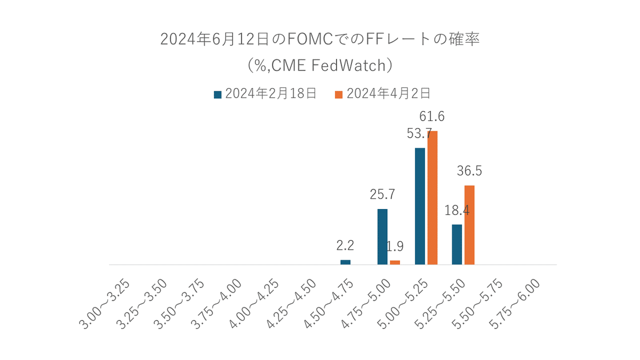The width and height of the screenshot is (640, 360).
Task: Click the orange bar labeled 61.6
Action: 433,197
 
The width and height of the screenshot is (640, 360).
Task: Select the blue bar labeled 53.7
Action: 420,206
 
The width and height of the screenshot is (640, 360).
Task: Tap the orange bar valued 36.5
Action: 469,225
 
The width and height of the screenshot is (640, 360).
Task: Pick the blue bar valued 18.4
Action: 457,244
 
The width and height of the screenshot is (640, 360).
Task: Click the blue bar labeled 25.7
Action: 382,236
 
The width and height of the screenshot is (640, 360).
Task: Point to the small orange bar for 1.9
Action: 395,262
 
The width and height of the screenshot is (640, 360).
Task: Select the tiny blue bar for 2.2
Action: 346,262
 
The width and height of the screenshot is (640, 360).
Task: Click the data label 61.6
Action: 433,116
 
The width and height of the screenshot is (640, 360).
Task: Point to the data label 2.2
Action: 346,246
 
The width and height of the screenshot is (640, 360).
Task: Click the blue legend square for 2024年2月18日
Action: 218,94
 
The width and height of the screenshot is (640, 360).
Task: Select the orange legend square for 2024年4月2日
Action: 338,94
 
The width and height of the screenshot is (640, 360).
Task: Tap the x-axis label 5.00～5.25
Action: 403,305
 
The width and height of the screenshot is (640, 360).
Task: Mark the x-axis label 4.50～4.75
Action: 329,305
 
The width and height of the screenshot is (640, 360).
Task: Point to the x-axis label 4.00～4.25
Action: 255,305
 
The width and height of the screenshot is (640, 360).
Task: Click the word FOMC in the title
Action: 310,40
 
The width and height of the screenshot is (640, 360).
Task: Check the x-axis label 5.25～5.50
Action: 441,305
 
